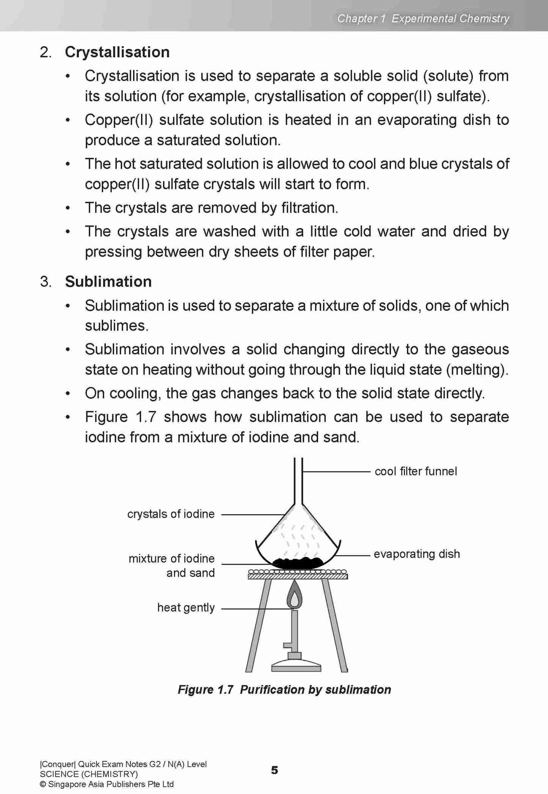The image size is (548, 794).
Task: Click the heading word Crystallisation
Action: pos(117,52)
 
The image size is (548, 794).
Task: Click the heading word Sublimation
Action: pos(108,282)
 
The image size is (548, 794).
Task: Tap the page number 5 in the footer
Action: pos(275,770)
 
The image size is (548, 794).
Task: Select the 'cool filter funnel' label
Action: pos(416,471)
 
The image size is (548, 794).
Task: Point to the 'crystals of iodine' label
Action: pos(171,514)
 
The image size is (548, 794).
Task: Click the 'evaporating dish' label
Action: pos(416,554)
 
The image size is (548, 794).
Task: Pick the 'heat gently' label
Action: pos(186,608)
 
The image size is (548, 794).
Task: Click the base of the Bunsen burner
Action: pos(296,666)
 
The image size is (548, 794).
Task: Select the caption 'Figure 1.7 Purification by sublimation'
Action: pos(284,689)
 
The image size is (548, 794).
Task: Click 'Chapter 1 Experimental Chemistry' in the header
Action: pos(423,18)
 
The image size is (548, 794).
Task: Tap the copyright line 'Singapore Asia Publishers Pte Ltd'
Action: pos(110,784)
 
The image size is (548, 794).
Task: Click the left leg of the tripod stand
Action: pos(259,626)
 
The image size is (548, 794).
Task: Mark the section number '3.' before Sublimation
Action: pos(46,282)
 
